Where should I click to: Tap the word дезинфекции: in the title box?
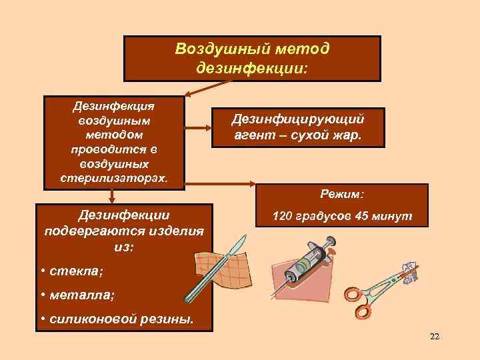253,67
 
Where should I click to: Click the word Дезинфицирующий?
297,119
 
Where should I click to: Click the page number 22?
435,337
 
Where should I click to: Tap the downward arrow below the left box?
113,195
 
